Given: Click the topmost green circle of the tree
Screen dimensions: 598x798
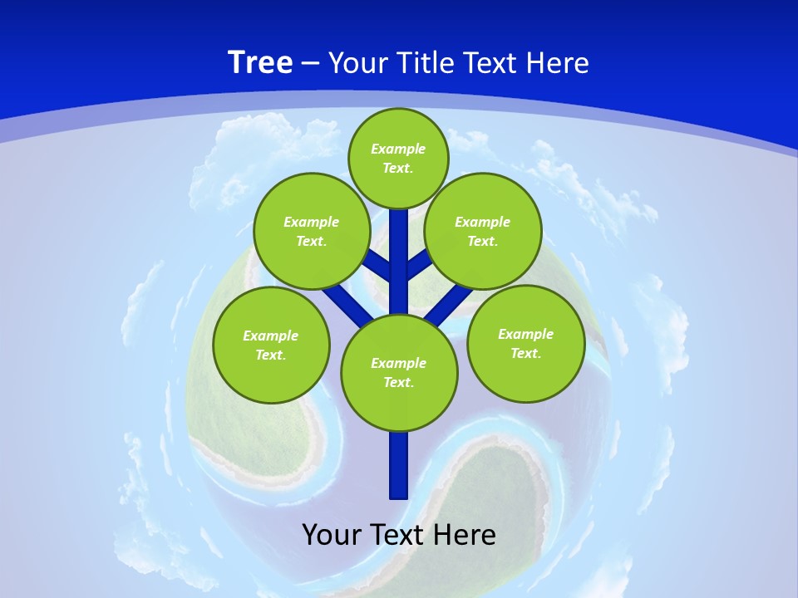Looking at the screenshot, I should [398, 158].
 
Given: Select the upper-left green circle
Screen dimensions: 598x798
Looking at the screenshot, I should [311, 231].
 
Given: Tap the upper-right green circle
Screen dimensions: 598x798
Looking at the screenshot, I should [483, 231].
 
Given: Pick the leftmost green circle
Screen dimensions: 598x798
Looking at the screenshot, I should [271, 345].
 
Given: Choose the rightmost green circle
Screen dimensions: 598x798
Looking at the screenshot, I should [525, 343].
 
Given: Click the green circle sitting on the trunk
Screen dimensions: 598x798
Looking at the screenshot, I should [399, 373].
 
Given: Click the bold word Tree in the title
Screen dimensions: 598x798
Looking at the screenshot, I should [260, 62].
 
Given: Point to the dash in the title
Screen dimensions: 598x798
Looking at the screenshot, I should [310, 64].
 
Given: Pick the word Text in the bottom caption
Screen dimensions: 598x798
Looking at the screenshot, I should [397, 534].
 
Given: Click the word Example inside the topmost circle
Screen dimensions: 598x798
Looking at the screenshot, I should [398, 149].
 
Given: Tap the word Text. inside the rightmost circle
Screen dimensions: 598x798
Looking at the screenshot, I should [525, 353].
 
